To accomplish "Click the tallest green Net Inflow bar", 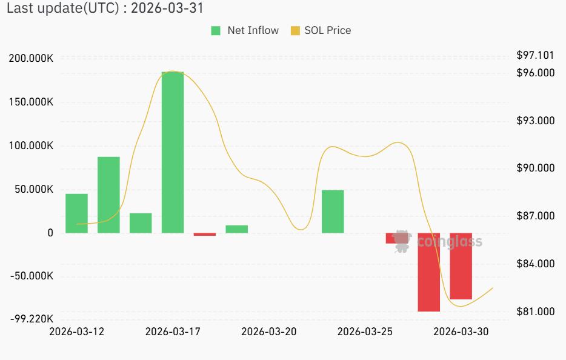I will tap(173, 152).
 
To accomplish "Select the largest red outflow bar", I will tap(429, 272).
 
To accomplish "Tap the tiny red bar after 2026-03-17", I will tap(205, 234).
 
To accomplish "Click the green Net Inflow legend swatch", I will tap(216, 31).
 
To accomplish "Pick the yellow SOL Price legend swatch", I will tap(296, 31).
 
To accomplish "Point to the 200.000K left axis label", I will tap(31, 58).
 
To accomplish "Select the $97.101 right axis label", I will tap(535, 55).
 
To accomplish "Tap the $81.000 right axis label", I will tap(535, 312).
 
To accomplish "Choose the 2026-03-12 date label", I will tap(76, 332).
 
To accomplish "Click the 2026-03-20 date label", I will tap(268, 332).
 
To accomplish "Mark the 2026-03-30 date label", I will tap(461, 332).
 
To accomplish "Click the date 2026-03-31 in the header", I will tap(167, 8).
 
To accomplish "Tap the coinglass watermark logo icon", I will tap(401, 241).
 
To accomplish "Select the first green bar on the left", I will tap(76, 213).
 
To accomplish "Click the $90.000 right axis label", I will tap(535, 168).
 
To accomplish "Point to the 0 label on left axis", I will tap(50, 233).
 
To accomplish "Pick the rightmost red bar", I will tap(461, 266).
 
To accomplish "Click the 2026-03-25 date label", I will tap(365, 332).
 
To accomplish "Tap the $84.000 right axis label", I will tap(535, 264).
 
